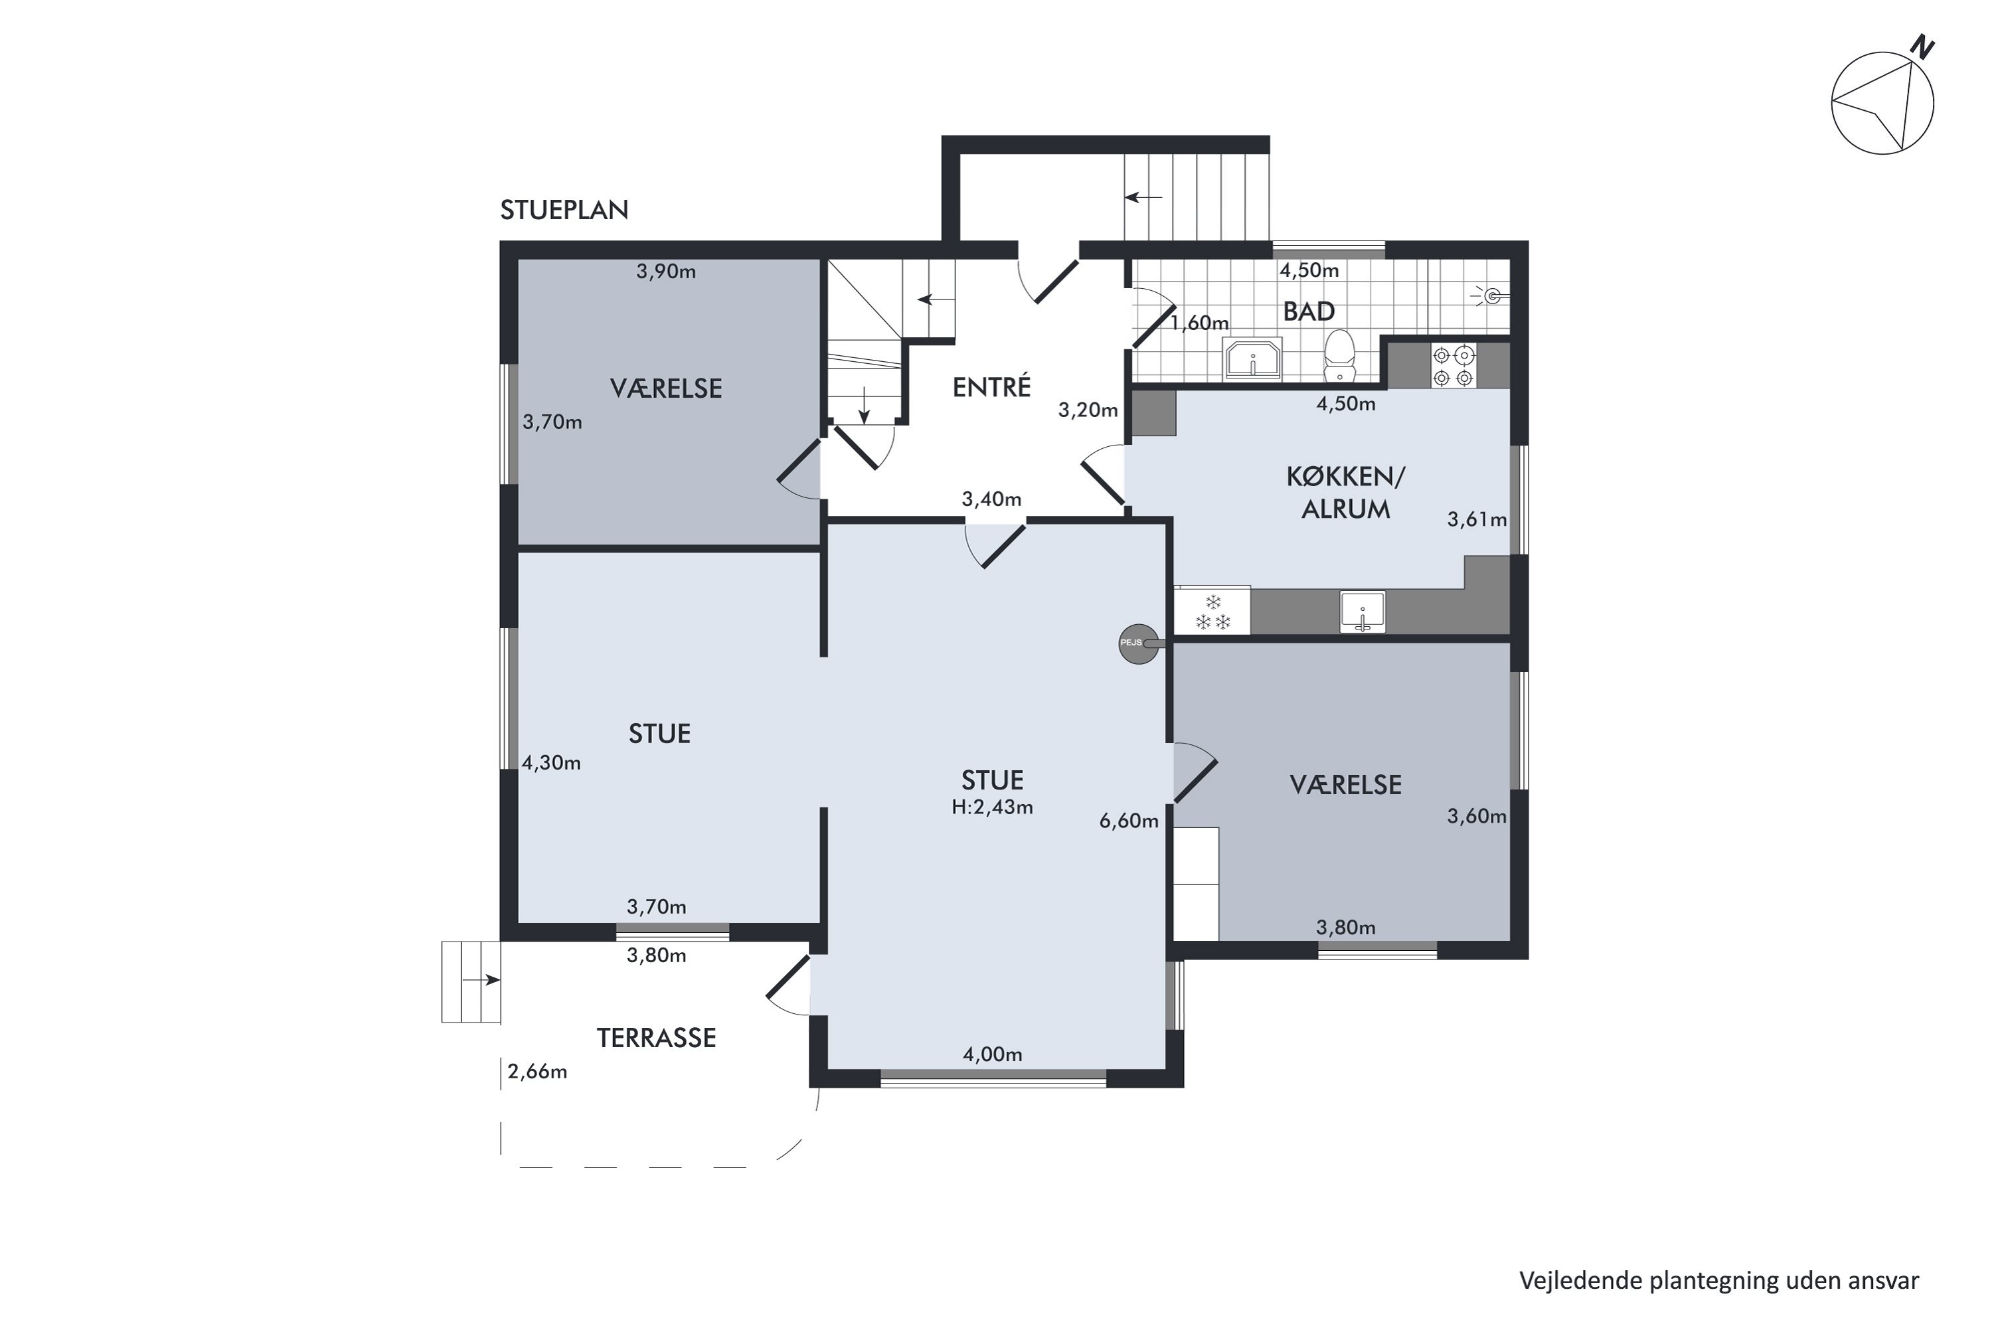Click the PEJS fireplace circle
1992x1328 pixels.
coord(1138,643)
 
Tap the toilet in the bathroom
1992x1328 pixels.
coord(1339,357)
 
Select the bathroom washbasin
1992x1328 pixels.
coord(1252,359)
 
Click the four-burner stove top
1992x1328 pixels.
coord(1453,365)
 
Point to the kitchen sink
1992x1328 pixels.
coord(1362,612)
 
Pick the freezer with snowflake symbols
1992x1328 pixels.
coord(1212,610)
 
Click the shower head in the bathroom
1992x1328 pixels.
coord(1491,295)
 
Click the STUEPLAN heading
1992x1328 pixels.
coord(564,210)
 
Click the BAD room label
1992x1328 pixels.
coord(1309,311)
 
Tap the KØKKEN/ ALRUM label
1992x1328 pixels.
coord(1346,493)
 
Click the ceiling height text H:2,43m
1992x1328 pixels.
coord(992,807)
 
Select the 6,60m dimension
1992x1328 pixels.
coord(1129,821)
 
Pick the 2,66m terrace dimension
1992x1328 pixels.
coord(537,1072)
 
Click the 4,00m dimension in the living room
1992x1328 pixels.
coord(993,1054)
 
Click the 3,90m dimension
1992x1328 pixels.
coord(667,272)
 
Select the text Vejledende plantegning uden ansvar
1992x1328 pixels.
coord(1719,1282)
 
